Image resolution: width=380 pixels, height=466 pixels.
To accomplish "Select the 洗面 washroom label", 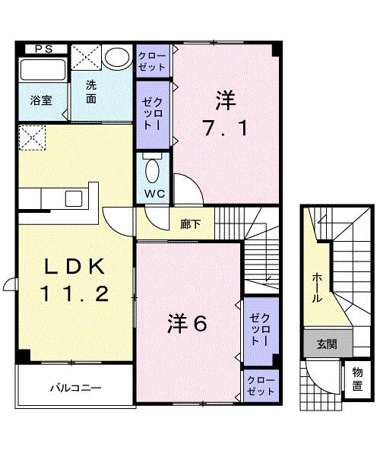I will [90, 91].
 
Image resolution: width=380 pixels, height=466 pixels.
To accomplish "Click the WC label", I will [154, 194].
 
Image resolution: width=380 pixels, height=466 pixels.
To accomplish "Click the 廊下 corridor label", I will [191, 223].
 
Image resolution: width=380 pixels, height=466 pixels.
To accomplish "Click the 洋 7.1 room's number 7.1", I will [223, 128].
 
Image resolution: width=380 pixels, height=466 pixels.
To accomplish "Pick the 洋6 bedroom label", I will [188, 325].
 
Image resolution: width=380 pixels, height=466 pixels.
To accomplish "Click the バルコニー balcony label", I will [76, 388].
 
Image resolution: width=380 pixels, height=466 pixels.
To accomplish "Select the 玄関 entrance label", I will [327, 344].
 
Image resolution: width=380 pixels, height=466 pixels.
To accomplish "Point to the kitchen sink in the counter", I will [74, 199].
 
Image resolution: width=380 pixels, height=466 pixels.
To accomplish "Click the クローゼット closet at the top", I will [154, 59].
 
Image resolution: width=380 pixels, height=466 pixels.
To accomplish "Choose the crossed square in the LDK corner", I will [30, 139].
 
